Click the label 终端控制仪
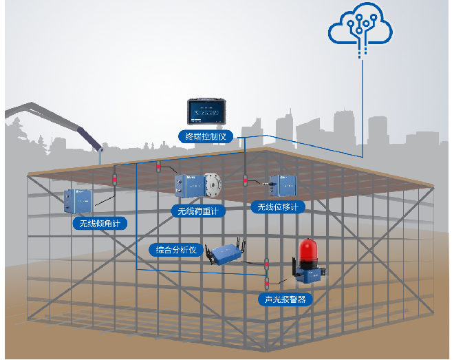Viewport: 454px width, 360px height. click(x=206, y=136)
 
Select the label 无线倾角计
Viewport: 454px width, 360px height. click(x=99, y=223)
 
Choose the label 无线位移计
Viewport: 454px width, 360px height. click(x=277, y=207)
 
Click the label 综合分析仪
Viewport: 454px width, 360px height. click(x=177, y=250)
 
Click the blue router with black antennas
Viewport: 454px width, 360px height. click(x=226, y=253)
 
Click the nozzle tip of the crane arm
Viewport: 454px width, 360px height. click(x=102, y=149)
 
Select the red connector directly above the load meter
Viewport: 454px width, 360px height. click(x=159, y=167)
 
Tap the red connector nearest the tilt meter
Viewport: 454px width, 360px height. click(x=114, y=181)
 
